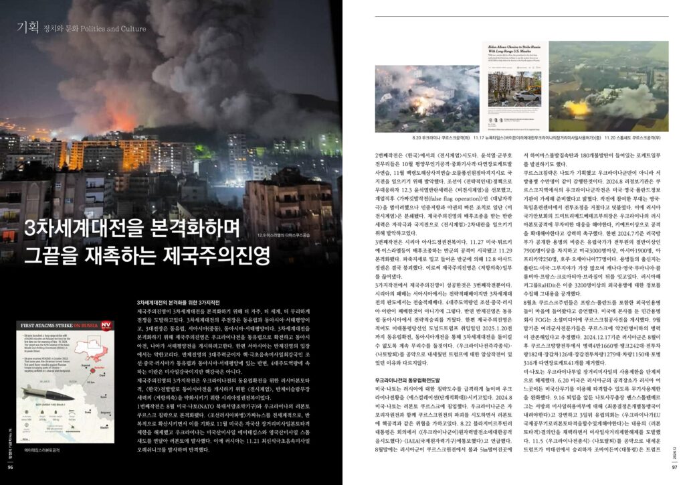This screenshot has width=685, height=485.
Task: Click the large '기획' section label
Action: [27, 27]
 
